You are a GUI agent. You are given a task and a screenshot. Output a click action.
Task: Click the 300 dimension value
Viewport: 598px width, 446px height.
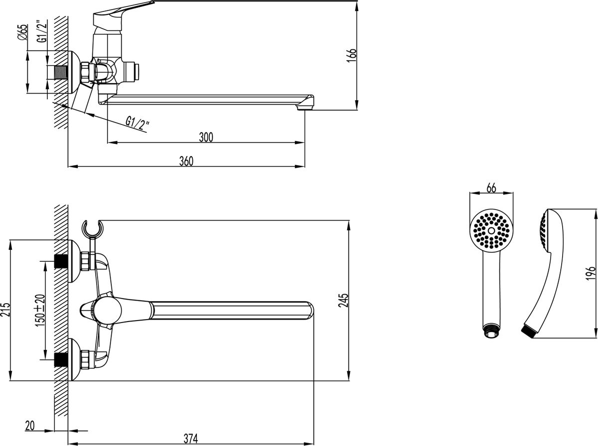coord(206,137)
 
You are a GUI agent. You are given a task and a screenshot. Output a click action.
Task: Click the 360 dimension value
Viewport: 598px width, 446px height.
coord(185,161)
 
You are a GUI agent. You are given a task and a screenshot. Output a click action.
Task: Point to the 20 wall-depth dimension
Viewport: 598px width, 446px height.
coord(30,426)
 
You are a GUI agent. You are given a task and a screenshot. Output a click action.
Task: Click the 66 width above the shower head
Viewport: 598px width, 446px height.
coord(491,188)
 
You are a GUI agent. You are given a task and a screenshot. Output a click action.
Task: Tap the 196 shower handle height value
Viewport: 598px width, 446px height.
coord(591,273)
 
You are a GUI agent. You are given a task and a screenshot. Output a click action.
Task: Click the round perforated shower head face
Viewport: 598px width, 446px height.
coord(491,230)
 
